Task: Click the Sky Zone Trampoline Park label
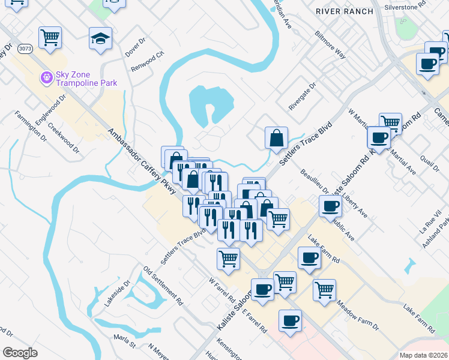point(86,79)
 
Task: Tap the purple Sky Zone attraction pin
point(46,77)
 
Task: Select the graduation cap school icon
point(101,39)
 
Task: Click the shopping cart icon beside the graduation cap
point(50,37)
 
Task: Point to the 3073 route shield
point(25,48)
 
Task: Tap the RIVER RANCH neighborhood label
point(345,11)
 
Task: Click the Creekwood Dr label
point(64,138)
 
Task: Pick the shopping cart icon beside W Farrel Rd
point(228,259)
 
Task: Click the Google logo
point(20,353)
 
